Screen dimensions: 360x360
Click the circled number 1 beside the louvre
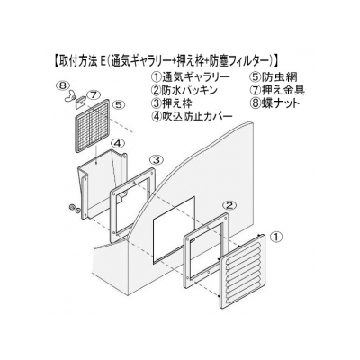point(275,238)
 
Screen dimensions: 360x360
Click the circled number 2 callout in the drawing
point(229,206)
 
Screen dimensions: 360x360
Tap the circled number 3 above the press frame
point(157,160)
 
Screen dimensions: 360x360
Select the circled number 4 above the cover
point(119,144)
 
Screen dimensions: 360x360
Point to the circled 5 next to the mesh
point(119,105)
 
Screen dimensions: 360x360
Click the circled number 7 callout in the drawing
point(93,95)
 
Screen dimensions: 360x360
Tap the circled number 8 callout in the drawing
point(62,85)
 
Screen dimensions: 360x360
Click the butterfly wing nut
point(70,96)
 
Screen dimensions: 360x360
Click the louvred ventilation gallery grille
point(243,271)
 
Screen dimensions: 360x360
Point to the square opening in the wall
point(175,230)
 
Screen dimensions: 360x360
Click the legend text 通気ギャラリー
point(196,77)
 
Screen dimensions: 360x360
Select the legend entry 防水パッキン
point(190,90)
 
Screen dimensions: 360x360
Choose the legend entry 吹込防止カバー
point(197,116)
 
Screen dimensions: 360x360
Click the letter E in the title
point(103,62)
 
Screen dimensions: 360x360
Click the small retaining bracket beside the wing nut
point(80,102)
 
